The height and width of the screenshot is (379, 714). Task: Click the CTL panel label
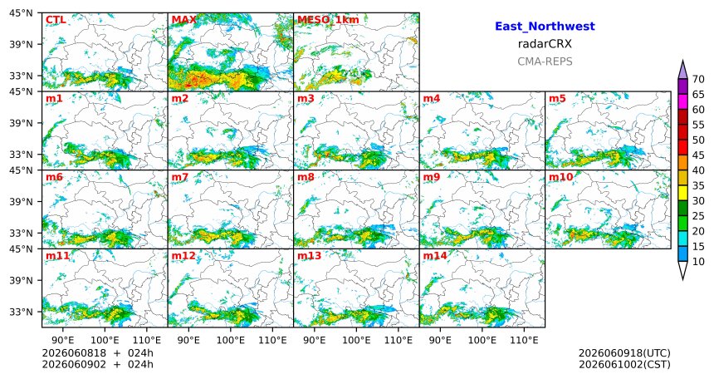(56, 20)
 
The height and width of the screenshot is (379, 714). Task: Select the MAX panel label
(184, 20)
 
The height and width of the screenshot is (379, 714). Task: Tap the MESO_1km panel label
(328, 20)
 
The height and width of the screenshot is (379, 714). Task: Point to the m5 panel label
(557, 99)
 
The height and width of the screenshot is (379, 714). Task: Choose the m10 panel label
(560, 177)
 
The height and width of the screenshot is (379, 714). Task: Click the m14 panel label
(435, 256)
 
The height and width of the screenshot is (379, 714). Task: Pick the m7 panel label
(180, 177)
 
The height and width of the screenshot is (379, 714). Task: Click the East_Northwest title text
(545, 27)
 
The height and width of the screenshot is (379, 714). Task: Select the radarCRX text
(545, 44)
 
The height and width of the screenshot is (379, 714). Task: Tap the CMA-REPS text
(545, 62)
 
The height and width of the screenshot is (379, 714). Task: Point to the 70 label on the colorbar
(698, 79)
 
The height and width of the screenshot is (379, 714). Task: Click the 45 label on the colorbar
(698, 155)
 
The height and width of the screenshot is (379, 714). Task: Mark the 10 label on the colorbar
(698, 261)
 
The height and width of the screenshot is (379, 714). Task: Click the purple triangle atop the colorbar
(682, 71)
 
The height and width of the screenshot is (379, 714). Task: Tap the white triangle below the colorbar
(682, 270)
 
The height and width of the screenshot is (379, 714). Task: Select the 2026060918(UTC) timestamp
(624, 353)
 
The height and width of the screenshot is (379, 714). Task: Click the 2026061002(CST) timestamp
(624, 364)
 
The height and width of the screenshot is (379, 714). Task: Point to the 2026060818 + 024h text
(97, 353)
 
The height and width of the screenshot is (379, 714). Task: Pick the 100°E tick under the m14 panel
(482, 340)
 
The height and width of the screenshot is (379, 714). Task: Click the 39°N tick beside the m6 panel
(22, 202)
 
